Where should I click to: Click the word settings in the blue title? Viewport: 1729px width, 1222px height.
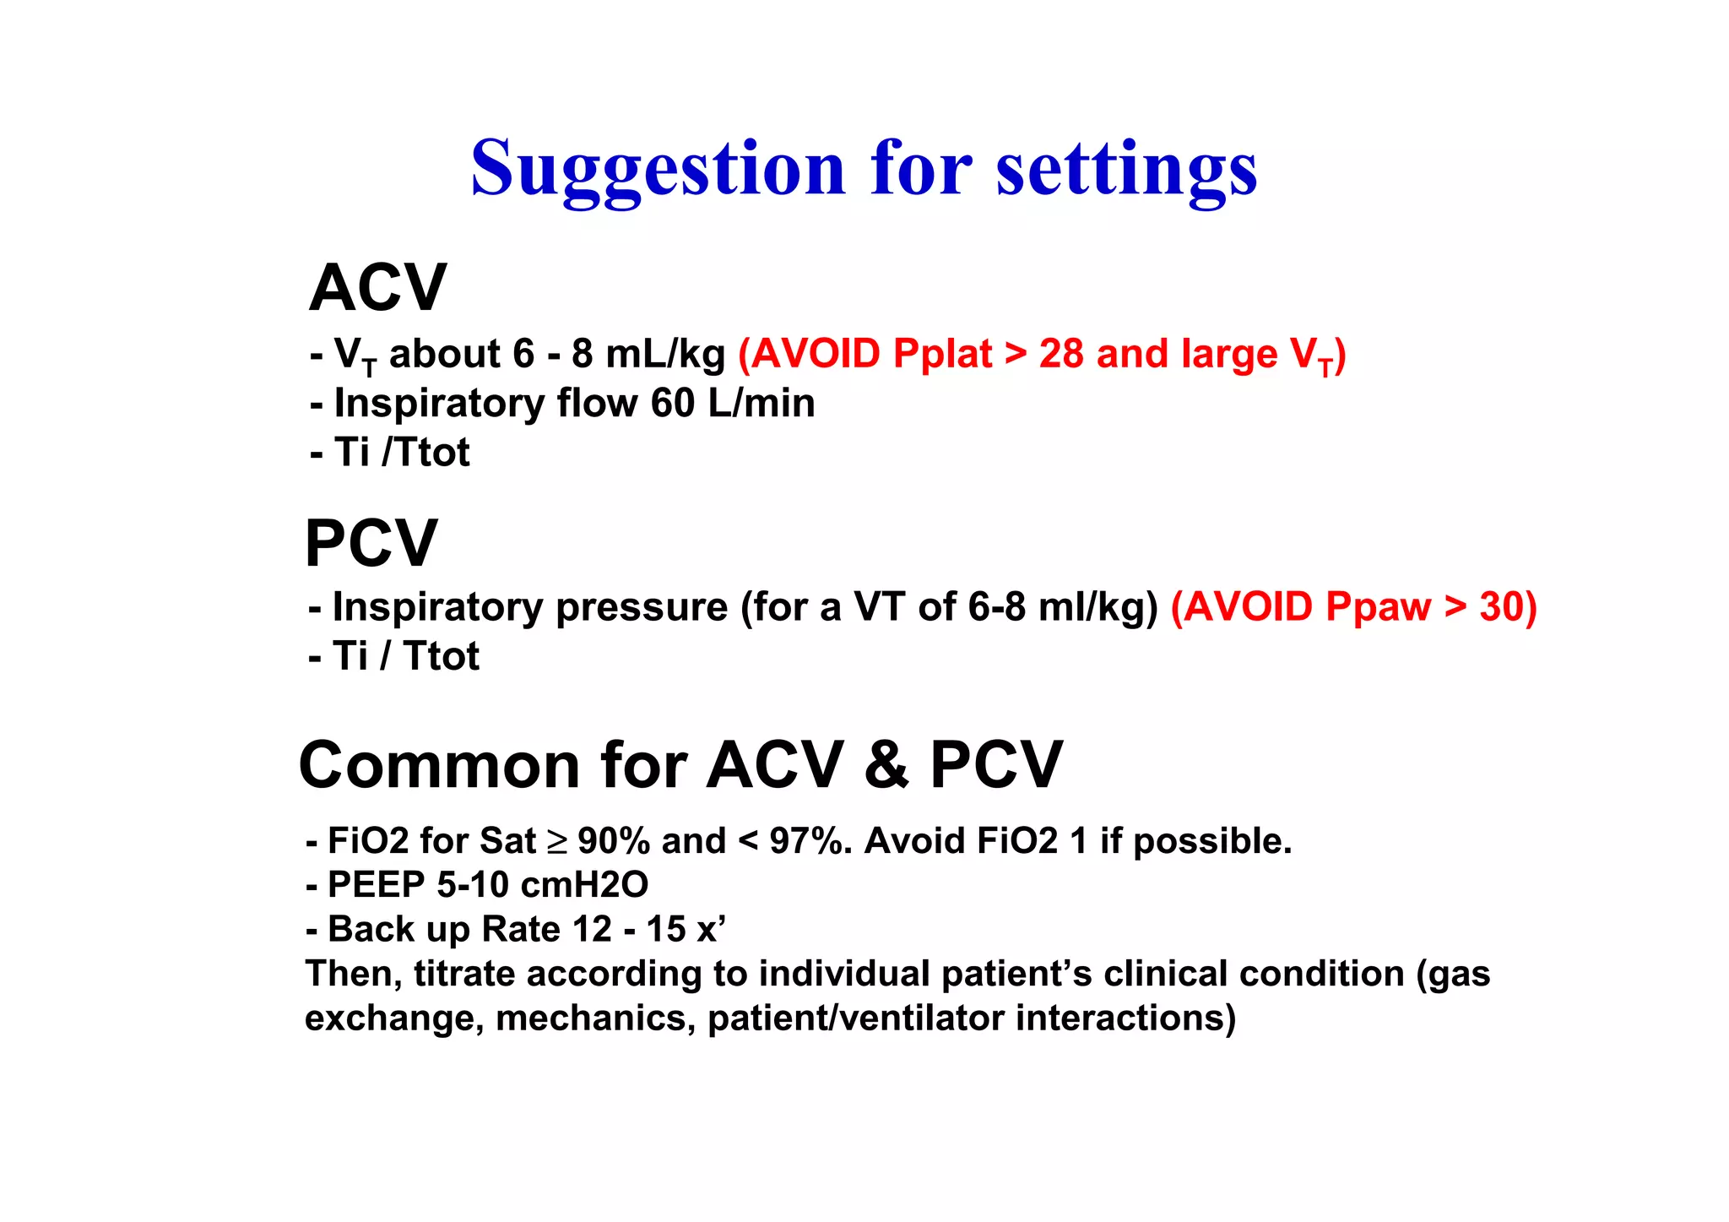1126,169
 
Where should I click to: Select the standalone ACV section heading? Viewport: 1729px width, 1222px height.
377,288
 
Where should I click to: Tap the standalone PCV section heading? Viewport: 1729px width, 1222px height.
371,543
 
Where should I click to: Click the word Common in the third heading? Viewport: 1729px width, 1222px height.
439,765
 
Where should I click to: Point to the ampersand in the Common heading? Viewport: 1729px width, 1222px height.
886,765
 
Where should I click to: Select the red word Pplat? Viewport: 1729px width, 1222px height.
942,354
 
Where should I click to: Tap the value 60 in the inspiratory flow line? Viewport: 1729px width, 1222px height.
673,403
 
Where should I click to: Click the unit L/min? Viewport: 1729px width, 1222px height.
762,403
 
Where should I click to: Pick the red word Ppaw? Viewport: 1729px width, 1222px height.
1378,607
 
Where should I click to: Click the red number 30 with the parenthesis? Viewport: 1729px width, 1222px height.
1508,607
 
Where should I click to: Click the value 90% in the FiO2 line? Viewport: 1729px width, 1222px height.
614,841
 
